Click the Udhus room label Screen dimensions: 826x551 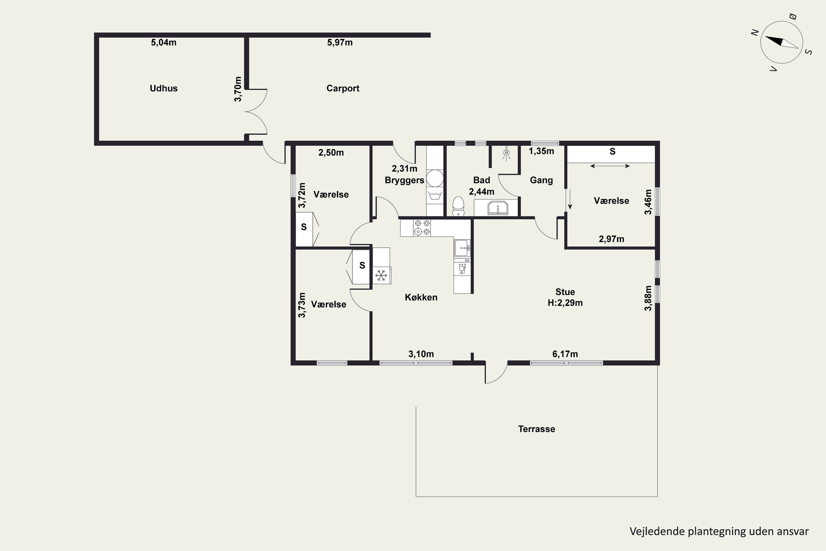(x=164, y=88)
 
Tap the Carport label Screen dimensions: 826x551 (x=343, y=88)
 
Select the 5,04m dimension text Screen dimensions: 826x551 (x=164, y=42)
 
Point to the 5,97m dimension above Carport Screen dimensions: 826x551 (x=339, y=42)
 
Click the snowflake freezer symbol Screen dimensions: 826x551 (x=381, y=275)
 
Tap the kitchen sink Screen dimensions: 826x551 (x=462, y=248)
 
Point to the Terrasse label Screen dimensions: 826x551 (x=537, y=429)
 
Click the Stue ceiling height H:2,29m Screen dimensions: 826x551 (x=565, y=303)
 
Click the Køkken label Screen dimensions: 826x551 (x=421, y=297)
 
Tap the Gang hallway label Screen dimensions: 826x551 (x=541, y=180)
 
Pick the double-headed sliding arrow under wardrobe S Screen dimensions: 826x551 (x=610, y=166)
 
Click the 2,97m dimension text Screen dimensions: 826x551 (x=612, y=239)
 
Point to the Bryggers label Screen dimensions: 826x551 (x=404, y=180)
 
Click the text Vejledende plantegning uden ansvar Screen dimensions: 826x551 (x=719, y=531)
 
